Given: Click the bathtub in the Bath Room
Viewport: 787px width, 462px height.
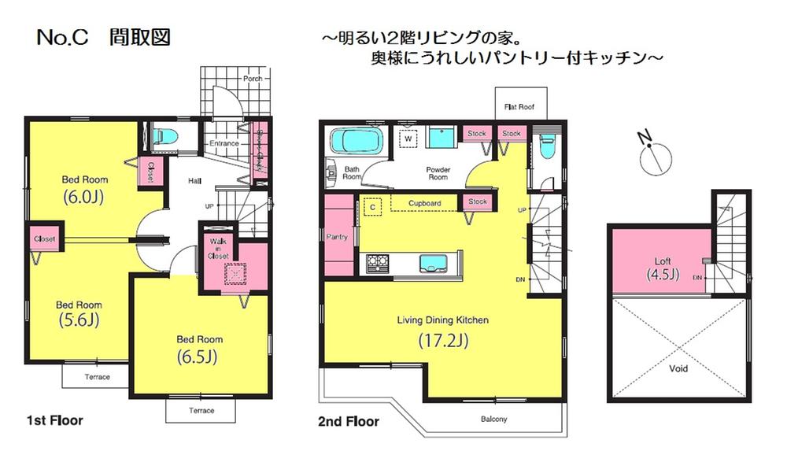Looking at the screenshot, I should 356,142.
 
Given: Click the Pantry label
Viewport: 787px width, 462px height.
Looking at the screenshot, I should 337,236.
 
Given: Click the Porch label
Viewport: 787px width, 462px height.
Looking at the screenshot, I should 252,79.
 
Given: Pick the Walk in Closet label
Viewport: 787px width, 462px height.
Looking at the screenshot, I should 218,248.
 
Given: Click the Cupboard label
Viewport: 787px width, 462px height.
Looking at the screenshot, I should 424,203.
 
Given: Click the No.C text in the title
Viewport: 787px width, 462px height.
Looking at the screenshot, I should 64,38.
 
